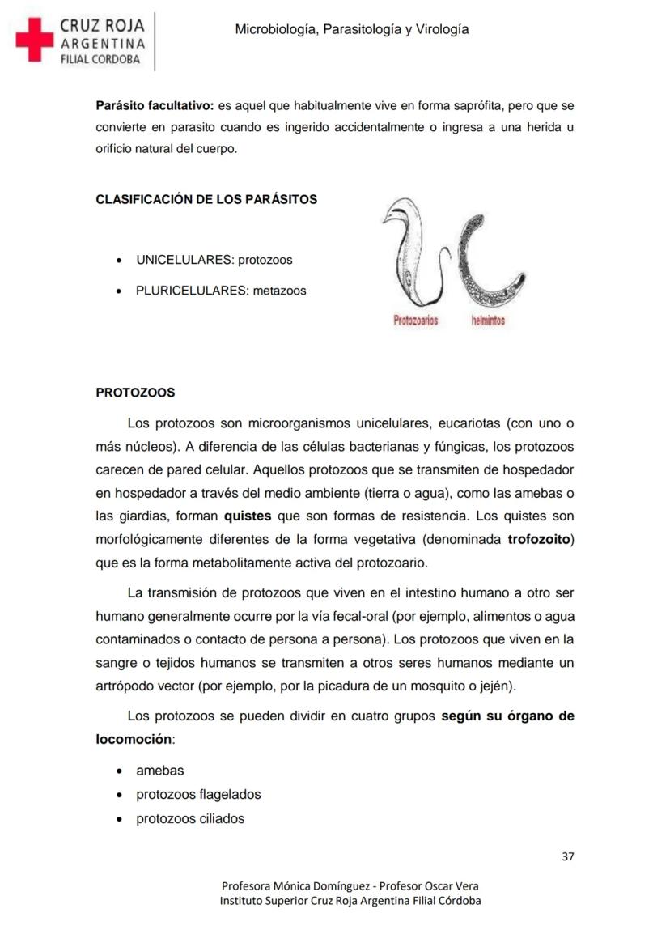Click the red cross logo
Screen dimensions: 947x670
tap(34, 40)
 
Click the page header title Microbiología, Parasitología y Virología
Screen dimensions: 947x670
tap(351, 29)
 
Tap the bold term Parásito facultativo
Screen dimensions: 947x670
tap(154, 106)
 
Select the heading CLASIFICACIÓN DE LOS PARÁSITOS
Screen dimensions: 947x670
tap(206, 199)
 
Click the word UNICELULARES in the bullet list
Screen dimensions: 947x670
tap(183, 261)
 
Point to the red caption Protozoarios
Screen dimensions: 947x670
tap(415, 321)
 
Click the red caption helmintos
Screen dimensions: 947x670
tap(488, 321)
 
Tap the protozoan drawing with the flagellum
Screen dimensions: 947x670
tap(414, 255)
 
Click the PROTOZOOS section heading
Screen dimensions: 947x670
tap(135, 393)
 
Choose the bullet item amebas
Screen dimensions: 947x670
tap(159, 771)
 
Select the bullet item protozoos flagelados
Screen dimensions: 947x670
tap(198, 795)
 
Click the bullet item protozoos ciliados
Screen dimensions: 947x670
tap(189, 818)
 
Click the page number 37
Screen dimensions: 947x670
tap(567, 857)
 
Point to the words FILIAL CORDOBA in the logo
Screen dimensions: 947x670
tap(100, 59)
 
